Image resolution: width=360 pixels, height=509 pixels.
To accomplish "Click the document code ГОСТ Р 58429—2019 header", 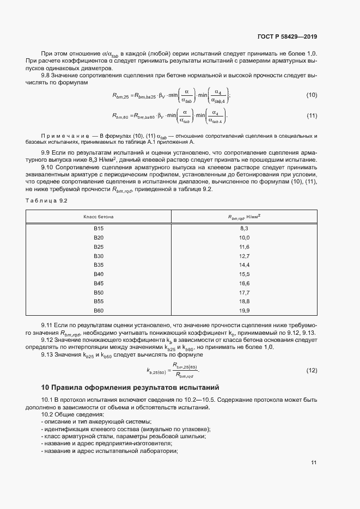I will pyautogui.click(x=286, y=36).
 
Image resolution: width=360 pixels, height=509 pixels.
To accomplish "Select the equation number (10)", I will pyautogui.click(x=312, y=95).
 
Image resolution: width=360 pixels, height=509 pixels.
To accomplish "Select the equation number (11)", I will pyautogui.click(x=312, y=116).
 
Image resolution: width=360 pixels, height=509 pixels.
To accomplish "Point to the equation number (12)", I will pyautogui.click(x=312, y=371).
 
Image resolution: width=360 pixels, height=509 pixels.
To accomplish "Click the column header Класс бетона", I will pyautogui.click(x=99, y=217).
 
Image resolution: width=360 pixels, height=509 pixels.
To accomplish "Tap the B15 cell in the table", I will pyautogui.click(x=99, y=229).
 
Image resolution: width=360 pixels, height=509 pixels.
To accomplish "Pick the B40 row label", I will pyautogui.click(x=99, y=274).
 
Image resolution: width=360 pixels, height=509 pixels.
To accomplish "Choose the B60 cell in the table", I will pyautogui.click(x=99, y=310).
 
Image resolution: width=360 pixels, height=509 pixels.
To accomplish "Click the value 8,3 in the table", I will pyautogui.click(x=244, y=229).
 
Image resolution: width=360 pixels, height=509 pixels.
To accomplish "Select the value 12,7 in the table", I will pyautogui.click(x=244, y=256).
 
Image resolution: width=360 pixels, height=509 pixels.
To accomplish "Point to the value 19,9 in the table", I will pyautogui.click(x=244, y=310).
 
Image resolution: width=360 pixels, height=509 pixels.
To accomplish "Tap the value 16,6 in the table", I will pyautogui.click(x=244, y=283).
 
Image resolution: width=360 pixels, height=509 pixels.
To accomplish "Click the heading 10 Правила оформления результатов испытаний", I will pyautogui.click(x=130, y=388).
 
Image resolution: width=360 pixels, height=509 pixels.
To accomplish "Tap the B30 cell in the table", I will pyautogui.click(x=99, y=256).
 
